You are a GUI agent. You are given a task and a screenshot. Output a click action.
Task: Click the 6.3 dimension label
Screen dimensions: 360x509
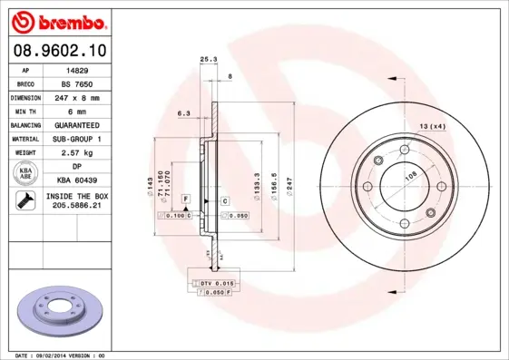(x=183, y=113)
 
